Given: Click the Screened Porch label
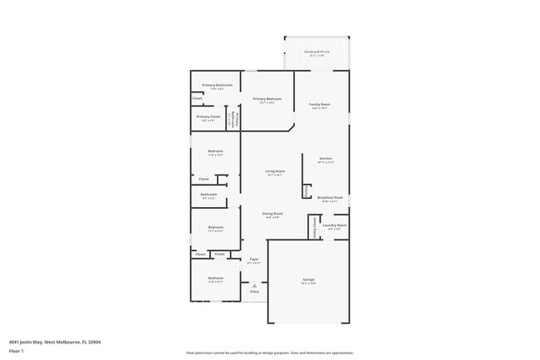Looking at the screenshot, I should [317, 53].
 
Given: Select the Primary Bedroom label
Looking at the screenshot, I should [268, 99].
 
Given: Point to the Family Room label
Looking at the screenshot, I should [320, 105].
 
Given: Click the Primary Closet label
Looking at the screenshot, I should [209, 117].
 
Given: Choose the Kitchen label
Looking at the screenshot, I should [326, 158].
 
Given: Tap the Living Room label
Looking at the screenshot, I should [275, 171].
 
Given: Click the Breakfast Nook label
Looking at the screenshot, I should [330, 198].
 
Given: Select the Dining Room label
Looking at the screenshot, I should [273, 214].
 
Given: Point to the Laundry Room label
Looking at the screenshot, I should [335, 225].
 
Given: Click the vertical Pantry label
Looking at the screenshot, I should [307, 191].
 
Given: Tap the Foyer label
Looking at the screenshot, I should [254, 259].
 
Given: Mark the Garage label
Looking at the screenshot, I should [308, 279].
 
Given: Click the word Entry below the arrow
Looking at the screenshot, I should [254, 292].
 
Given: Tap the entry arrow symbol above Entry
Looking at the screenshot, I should [254, 285].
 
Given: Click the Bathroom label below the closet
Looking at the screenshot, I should [209, 195].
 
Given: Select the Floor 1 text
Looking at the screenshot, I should [17, 352].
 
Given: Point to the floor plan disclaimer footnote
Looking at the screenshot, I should [270, 353].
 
